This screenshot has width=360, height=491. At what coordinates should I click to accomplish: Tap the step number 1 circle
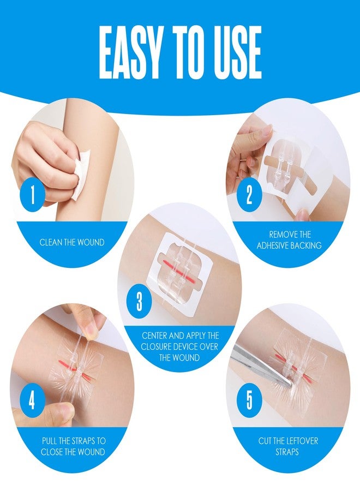[x=32, y=195]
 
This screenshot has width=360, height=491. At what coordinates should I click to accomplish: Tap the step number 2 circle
[x=249, y=194]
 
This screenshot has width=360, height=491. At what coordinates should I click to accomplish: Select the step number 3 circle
[x=139, y=302]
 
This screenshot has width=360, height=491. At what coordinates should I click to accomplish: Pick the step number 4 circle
[x=32, y=401]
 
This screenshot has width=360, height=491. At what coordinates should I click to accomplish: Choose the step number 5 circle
[x=249, y=401]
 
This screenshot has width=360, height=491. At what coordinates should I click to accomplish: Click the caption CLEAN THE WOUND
[x=71, y=242]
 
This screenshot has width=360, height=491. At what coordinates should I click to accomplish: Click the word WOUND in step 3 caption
[x=185, y=358]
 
